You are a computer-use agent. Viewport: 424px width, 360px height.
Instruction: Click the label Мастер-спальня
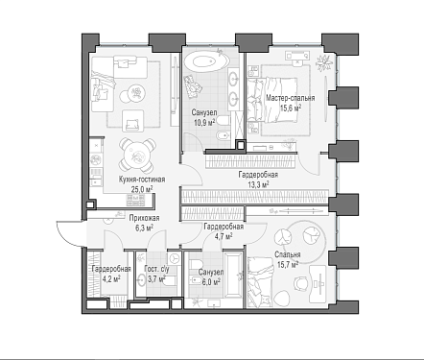[291, 98]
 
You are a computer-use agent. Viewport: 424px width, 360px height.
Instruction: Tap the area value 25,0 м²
[142, 189]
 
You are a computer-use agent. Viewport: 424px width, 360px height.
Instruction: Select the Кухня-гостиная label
[142, 180]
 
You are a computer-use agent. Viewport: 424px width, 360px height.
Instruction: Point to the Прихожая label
[144, 218]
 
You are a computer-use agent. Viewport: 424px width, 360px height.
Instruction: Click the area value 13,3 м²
[258, 184]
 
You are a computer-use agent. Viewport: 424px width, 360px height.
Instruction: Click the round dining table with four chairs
[138, 155]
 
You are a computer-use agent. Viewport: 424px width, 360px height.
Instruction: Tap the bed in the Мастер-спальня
[271, 100]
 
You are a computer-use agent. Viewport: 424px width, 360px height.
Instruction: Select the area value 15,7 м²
[288, 264]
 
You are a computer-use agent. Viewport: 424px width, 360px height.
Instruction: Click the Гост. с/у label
[156, 269]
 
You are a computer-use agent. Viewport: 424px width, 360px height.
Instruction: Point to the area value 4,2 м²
[111, 278]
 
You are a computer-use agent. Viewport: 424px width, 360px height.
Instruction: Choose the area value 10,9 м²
[204, 122]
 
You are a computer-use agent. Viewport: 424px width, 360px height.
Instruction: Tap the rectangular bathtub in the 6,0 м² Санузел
[233, 276]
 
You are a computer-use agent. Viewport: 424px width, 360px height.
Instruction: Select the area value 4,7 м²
[224, 236]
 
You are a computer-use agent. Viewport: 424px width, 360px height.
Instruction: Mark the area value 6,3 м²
[144, 228]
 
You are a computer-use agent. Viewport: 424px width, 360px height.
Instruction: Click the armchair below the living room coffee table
[132, 120]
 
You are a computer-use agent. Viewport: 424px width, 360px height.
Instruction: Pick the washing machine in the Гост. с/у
[174, 258]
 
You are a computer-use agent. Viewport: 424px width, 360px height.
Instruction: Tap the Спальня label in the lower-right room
[288, 254]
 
